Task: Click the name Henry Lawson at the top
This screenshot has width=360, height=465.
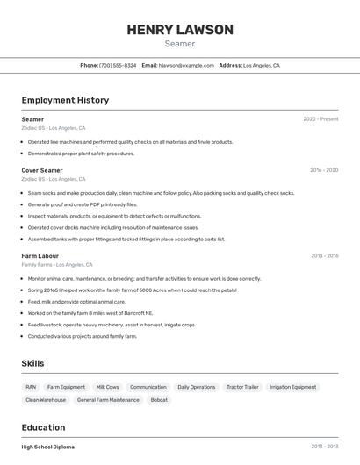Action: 180,30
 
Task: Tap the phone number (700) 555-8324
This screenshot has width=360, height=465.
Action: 118,65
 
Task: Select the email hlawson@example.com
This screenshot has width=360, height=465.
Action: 186,65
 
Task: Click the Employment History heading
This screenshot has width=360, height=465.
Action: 65,100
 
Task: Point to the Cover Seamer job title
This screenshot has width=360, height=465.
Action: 42,170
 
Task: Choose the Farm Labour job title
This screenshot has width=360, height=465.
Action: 40,256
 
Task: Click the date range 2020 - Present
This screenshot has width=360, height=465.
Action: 320,119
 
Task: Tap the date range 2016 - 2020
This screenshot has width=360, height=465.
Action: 324,170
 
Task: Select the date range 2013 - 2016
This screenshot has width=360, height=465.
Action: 324,256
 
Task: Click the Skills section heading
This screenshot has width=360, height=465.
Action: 32,363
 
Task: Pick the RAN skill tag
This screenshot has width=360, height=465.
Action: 31,387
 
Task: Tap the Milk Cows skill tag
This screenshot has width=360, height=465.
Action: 107,387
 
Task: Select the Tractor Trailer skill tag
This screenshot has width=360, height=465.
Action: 242,387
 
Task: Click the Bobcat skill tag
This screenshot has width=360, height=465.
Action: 159,400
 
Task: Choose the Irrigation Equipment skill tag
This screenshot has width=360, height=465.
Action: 292,387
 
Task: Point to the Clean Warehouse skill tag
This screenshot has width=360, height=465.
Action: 46,400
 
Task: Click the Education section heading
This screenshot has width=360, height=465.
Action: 45,427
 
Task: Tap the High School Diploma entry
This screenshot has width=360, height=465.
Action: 48,447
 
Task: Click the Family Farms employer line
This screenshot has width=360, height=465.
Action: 57,265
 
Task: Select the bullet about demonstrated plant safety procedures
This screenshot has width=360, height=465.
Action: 81,154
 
